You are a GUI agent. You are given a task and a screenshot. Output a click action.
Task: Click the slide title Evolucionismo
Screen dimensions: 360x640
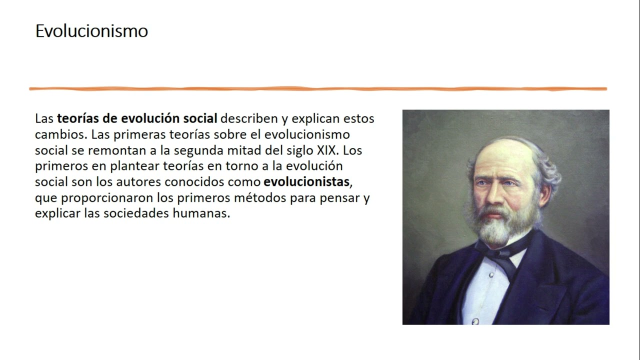coord(91,31)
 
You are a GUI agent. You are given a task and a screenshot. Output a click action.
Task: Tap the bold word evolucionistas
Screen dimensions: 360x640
coord(305,181)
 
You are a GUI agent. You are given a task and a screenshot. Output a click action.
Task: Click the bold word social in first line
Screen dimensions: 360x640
coord(199,119)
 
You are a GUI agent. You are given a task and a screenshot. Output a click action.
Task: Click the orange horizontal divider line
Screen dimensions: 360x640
coord(318,89)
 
